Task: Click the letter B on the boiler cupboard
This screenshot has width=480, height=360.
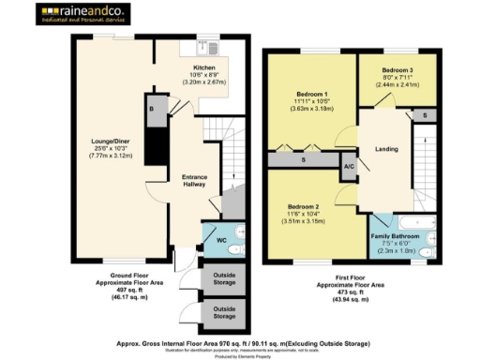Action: [x=152, y=109]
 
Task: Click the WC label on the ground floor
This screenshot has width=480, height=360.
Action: [x=222, y=241]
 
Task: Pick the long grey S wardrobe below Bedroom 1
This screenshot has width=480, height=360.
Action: [x=304, y=160]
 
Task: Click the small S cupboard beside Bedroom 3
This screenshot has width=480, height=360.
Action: [x=425, y=114]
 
